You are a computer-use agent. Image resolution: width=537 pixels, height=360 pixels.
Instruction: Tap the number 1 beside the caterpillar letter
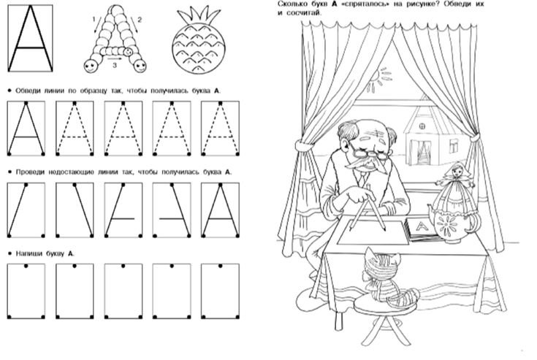(94, 20)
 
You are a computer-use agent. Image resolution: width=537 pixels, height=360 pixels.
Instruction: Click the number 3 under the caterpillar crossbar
(115, 66)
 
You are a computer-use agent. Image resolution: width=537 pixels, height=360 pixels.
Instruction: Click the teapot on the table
(452, 224)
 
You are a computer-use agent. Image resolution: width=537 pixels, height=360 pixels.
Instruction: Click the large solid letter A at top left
(30, 38)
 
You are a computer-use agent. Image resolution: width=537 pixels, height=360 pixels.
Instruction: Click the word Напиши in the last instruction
(28, 253)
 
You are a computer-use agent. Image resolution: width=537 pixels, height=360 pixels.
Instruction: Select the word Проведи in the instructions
(30, 172)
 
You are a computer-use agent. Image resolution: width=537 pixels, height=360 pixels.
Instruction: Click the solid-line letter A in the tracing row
(26, 129)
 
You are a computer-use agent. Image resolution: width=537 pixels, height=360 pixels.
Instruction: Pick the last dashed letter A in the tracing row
(220, 129)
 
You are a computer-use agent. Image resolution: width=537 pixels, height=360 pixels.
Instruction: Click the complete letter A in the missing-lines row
(220, 210)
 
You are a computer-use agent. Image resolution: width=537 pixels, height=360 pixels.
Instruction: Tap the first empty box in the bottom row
(26, 291)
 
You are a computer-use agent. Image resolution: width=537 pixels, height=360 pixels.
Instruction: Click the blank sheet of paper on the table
(373, 232)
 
